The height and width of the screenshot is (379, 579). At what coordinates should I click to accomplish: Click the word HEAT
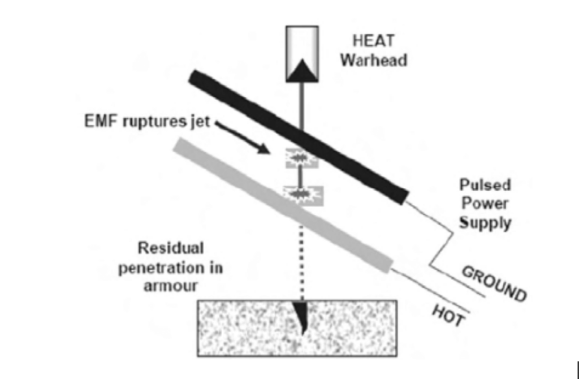pos(374,41)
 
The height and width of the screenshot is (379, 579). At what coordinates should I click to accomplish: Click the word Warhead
pos(374,60)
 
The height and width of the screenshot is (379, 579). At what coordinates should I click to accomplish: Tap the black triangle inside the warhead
pos(303,71)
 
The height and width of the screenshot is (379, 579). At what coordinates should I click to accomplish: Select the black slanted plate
pos(299,137)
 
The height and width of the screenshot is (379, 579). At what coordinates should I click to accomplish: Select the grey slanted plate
pos(283,205)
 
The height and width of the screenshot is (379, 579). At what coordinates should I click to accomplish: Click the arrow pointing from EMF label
pos(242,137)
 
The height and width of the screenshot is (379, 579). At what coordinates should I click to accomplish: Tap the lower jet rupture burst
pos(303,195)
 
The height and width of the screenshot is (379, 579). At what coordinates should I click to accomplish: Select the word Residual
pos(171,248)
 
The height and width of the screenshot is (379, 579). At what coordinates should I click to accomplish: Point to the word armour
pos(171,286)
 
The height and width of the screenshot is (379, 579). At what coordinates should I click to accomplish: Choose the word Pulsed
pos(485,185)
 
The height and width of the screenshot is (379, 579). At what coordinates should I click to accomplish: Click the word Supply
pos(485,223)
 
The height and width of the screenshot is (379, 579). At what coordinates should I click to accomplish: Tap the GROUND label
pos(494,284)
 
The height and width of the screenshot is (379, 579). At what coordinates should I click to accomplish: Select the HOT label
pos(447,316)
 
